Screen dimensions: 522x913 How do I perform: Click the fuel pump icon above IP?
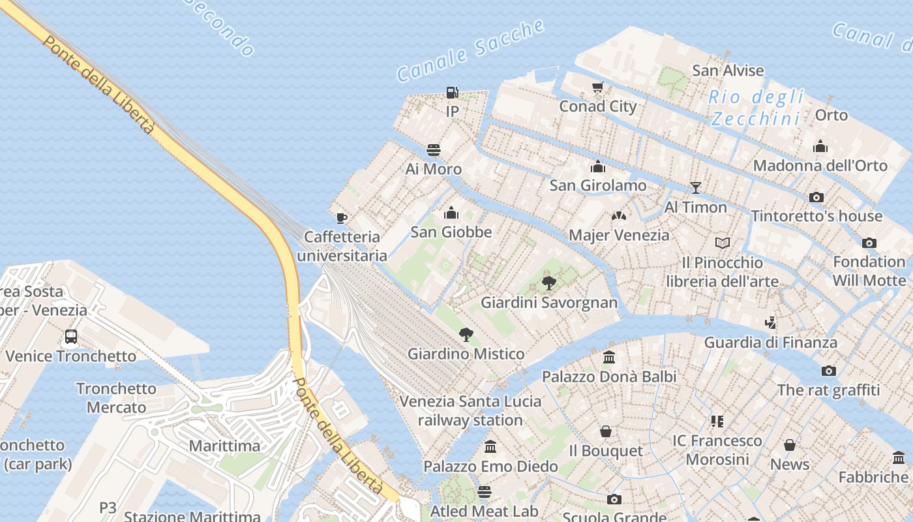click(x=452, y=93)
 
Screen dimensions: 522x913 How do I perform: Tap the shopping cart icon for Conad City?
click(x=597, y=87)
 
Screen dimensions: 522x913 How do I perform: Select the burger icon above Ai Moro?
click(x=433, y=150)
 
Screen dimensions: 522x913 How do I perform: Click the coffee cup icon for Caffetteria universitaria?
click(x=341, y=218)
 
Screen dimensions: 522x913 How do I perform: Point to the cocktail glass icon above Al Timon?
click(x=696, y=188)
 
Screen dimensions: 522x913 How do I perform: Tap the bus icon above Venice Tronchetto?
click(x=71, y=337)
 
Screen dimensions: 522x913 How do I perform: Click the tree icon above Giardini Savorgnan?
click(x=549, y=283)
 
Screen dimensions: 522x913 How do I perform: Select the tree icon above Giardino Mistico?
click(x=466, y=335)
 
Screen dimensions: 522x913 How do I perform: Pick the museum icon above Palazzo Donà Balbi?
click(x=609, y=357)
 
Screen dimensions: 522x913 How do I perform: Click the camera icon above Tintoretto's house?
click(x=816, y=197)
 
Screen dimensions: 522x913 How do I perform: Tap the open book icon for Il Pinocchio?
click(x=722, y=243)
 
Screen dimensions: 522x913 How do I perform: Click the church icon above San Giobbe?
click(x=451, y=213)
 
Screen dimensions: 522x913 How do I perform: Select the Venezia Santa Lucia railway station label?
click(x=470, y=410)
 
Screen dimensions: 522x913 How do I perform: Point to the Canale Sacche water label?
click(x=470, y=51)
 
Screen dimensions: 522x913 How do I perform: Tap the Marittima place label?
click(x=224, y=446)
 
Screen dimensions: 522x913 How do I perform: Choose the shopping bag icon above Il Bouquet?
click(x=606, y=431)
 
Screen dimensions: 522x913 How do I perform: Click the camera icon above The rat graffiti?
click(x=828, y=371)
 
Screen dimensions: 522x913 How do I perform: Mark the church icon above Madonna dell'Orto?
click(x=820, y=146)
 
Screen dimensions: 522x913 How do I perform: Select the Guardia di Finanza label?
click(x=770, y=343)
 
